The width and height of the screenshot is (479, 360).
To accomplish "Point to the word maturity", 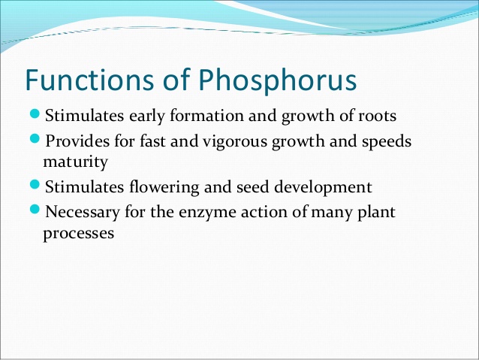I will [x=75, y=162].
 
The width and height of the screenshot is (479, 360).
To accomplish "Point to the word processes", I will [x=78, y=234].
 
